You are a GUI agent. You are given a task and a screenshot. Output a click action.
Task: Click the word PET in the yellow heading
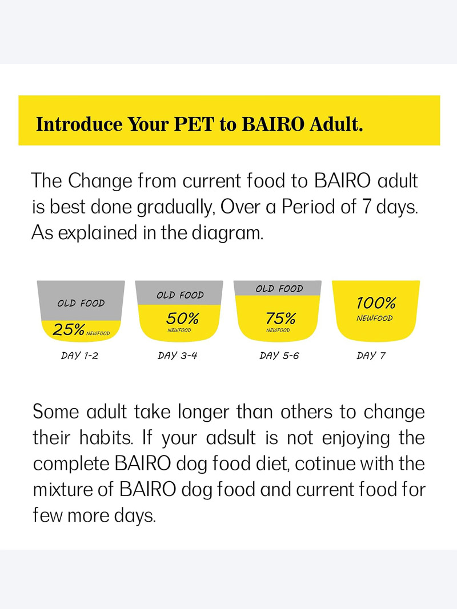(194, 124)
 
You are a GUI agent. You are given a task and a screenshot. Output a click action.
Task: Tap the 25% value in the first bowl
(69, 330)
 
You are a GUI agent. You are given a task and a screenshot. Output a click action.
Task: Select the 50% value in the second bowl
(182, 318)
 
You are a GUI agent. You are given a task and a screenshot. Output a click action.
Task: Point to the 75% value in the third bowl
(280, 318)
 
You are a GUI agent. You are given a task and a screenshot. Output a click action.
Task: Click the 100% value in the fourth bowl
(376, 303)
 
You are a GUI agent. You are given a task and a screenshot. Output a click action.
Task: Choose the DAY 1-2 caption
(79, 356)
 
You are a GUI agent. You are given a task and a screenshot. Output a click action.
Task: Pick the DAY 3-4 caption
(178, 356)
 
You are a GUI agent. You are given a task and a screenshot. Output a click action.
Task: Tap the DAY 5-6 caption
(279, 356)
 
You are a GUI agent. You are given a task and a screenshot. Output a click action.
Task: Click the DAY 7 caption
(371, 356)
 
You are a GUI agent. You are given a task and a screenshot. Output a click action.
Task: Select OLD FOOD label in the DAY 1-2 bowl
(81, 303)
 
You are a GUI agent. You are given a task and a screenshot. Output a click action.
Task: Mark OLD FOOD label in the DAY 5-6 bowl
(279, 289)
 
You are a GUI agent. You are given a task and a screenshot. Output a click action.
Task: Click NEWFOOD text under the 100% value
(375, 318)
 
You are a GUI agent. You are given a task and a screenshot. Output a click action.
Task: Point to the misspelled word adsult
(231, 438)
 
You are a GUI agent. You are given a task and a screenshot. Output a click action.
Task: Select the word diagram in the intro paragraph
(228, 233)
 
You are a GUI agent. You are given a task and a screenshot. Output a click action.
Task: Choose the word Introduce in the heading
(79, 124)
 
